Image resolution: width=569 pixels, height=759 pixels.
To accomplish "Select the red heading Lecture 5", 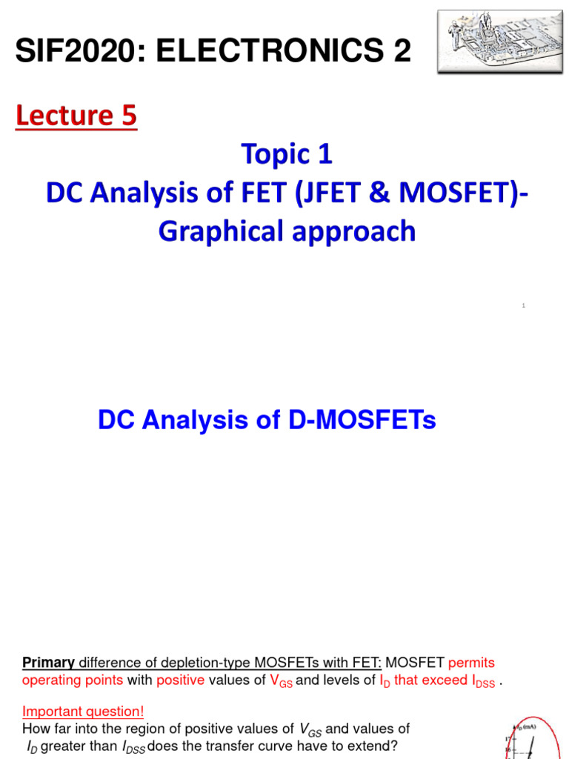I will [76, 116].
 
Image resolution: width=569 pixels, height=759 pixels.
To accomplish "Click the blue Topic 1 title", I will [287, 154].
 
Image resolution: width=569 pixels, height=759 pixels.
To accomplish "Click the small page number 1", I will [523, 305].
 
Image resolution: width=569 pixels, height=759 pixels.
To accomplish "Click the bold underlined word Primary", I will [48, 662].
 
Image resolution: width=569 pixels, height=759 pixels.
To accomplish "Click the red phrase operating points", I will [73, 680].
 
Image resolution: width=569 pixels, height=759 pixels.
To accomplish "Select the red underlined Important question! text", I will [83, 712].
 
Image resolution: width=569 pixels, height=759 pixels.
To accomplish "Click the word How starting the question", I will [34, 729].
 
